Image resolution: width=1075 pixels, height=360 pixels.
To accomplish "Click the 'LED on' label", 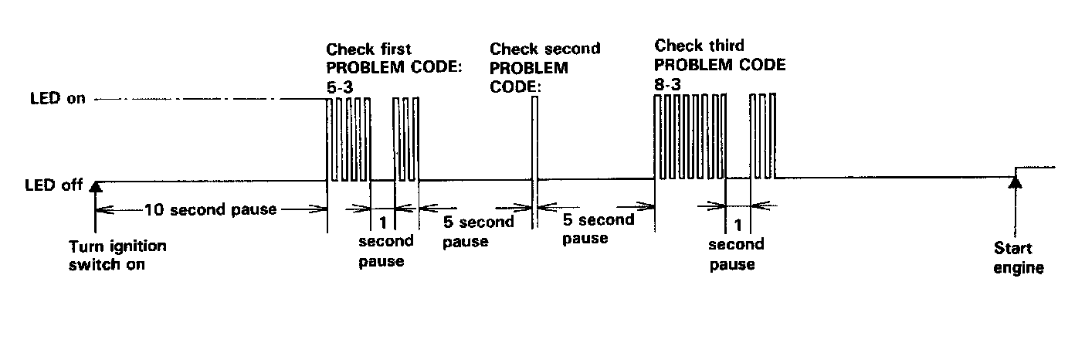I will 57,100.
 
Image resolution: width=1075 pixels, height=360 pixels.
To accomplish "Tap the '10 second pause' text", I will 210,209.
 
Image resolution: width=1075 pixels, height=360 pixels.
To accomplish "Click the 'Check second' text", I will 545,49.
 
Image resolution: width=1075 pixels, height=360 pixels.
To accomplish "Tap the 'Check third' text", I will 699,46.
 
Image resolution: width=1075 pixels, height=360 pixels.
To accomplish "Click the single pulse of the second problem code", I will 533,139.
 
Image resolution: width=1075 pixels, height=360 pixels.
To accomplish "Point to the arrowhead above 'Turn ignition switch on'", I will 95,185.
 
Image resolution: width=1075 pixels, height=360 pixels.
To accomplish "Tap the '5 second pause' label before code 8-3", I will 598,229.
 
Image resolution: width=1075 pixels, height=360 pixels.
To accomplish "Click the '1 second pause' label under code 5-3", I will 385,241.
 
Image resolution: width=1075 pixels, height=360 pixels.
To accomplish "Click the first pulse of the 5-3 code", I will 329,139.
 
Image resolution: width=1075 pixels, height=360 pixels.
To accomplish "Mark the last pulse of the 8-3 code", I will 773,135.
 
